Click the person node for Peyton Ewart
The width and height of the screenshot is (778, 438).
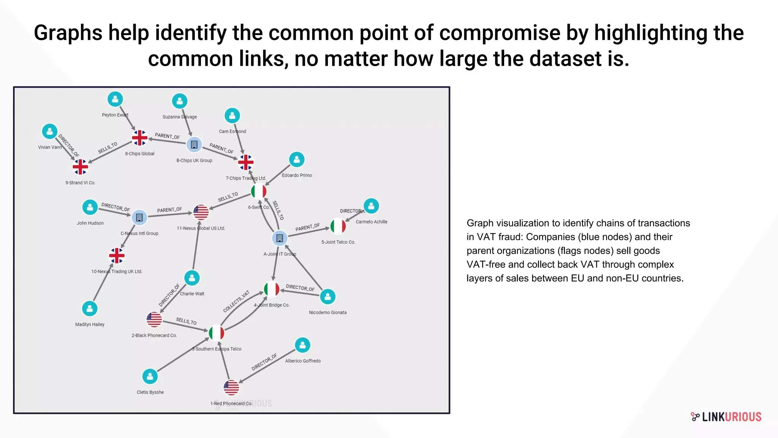click(115, 99)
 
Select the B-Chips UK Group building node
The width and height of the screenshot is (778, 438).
click(194, 144)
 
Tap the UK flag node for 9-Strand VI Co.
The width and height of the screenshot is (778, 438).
click(80, 167)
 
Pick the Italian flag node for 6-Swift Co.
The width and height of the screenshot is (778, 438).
click(259, 191)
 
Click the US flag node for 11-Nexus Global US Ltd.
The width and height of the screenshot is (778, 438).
click(201, 212)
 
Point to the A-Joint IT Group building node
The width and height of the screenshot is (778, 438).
click(280, 238)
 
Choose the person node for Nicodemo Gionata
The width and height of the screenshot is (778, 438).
click(327, 297)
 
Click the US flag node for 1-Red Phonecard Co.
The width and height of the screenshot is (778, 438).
click(231, 387)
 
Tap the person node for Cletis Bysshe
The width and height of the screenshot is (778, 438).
click(150, 376)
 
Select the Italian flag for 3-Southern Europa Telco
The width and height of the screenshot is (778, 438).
click(217, 333)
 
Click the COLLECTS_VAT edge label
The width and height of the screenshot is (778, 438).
click(236, 302)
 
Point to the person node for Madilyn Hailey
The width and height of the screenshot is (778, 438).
click(90, 309)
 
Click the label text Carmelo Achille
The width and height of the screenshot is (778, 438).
click(372, 222)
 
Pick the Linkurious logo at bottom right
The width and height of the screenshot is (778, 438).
click(726, 417)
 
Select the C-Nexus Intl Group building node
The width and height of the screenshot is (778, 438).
click(139, 217)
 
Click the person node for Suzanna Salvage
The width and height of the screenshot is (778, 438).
click(180, 101)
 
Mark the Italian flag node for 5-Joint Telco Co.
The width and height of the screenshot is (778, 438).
click(338, 226)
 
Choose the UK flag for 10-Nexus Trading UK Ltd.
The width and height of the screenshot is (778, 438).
click(117, 255)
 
